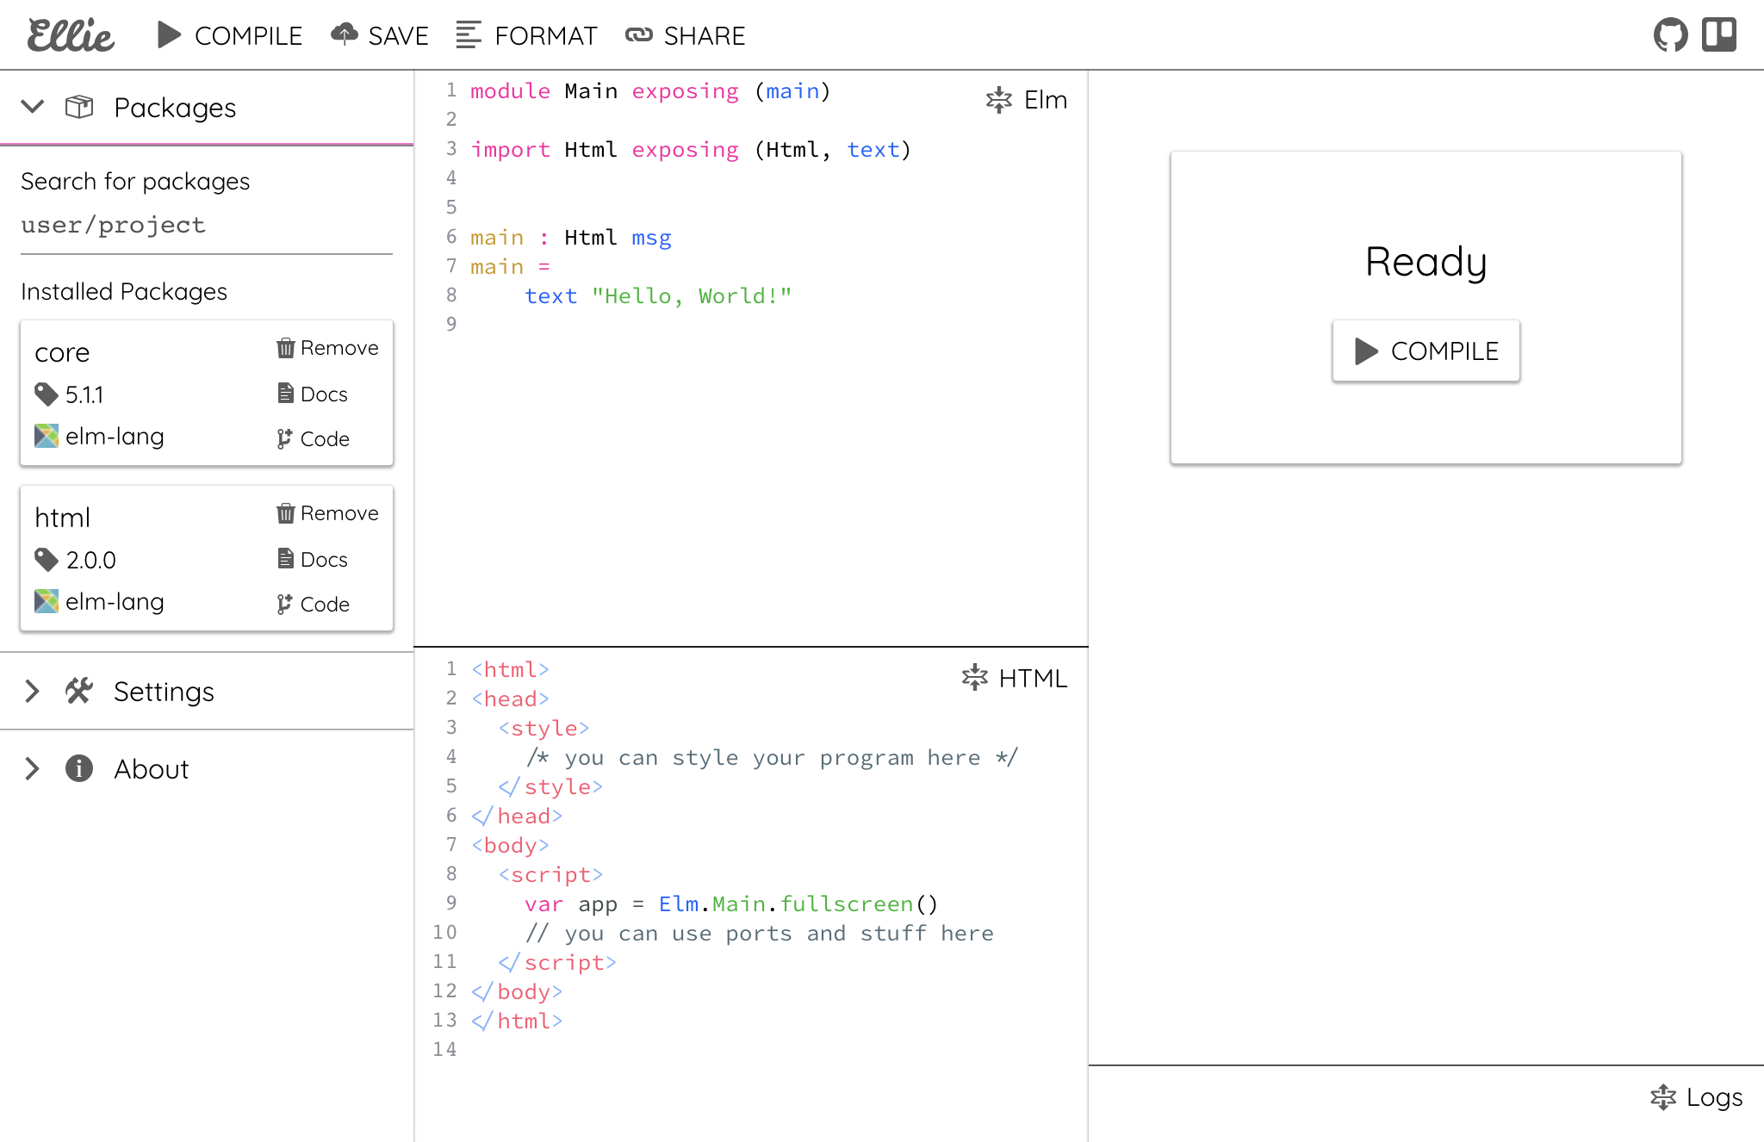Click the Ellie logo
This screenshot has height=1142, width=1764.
71,35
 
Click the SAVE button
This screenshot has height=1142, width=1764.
380,35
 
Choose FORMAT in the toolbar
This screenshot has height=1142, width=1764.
526,35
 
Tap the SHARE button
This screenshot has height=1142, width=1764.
686,35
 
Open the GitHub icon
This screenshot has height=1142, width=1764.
1670,35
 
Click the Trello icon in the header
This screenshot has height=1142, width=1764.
1719,35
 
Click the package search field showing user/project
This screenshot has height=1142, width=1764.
207,226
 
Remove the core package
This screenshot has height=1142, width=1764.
327,348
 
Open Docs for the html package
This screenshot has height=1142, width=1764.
313,560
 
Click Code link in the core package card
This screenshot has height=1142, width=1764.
313,439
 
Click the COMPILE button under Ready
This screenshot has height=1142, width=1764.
1426,351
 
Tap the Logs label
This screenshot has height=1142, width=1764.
1714,1097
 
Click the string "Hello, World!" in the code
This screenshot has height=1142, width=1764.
692,296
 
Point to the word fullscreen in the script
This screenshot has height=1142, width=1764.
847,904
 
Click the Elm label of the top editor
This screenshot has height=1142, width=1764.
1046,100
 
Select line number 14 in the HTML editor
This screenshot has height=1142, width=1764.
444,1050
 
